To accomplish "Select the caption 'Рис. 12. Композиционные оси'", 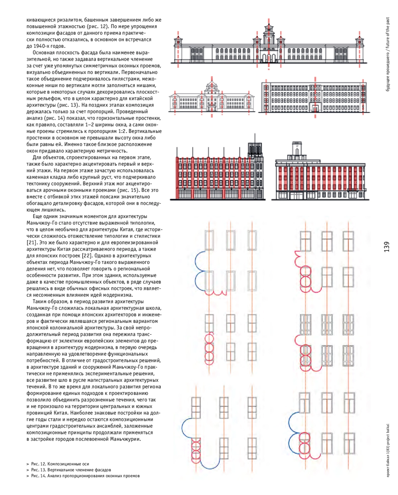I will pos(60,464).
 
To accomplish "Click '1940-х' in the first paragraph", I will pos(41,46).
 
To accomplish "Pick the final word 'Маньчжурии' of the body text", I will pos(126,439).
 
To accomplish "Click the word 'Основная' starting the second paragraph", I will pos(43,52).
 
